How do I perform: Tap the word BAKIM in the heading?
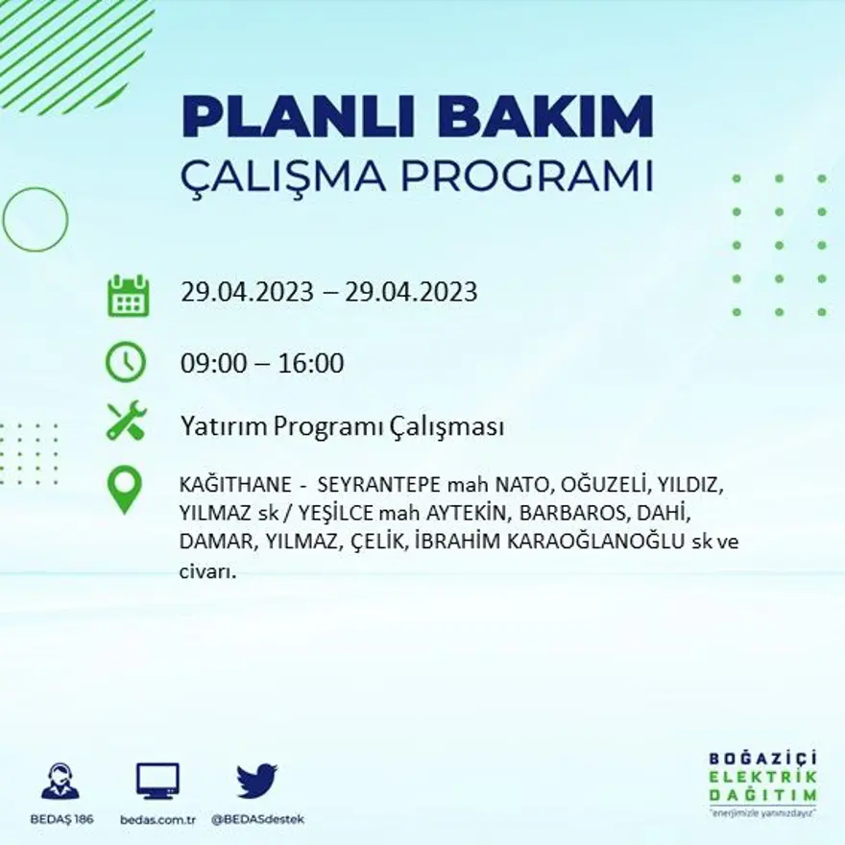tap(544, 116)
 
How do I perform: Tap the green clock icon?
tap(126, 363)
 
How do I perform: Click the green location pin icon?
tap(125, 489)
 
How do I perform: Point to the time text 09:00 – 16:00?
tap(262, 364)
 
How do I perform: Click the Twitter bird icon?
tap(256, 782)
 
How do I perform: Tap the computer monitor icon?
tap(157, 782)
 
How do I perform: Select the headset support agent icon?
tap(60, 782)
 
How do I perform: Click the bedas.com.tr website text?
tap(158, 819)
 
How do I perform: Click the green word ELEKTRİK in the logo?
tap(763, 777)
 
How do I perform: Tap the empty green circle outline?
tap(36, 220)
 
